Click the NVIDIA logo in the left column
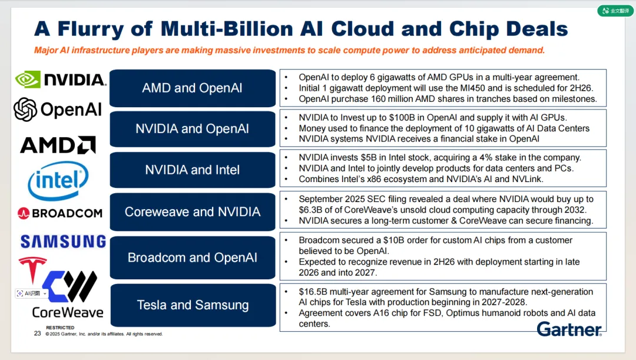[x=60, y=80]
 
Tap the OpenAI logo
[x=58, y=109]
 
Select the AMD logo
[x=58, y=144]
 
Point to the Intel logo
[x=58, y=181]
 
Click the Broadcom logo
[x=60, y=213]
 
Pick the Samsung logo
[x=63, y=241]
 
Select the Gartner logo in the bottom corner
[x=569, y=329]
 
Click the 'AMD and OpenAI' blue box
[x=193, y=88]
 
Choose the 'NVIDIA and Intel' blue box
[x=193, y=170]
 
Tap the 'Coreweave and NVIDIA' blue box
[x=193, y=212]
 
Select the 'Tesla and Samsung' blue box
[x=193, y=305]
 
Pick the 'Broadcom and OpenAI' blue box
[x=193, y=257]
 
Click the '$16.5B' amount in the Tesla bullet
[x=312, y=292]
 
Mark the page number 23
[x=38, y=333]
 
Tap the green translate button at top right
[x=616, y=11]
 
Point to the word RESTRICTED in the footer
[x=60, y=328]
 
